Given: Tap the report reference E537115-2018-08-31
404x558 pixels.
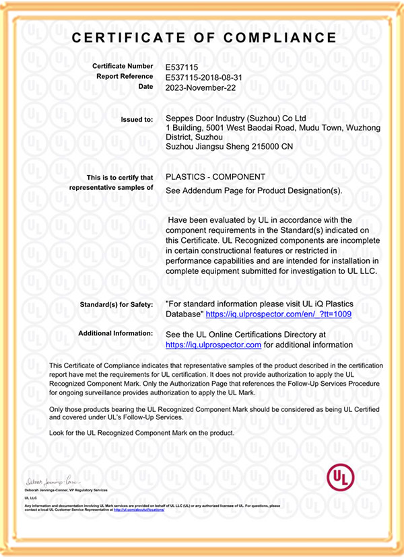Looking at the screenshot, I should point(204,77).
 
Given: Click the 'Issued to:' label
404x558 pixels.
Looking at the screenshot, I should point(137,119).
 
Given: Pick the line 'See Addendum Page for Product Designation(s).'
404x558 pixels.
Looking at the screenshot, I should point(254,190).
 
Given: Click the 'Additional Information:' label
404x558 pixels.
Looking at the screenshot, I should point(116,333).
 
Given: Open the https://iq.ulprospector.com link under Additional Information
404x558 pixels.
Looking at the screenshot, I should point(213,345).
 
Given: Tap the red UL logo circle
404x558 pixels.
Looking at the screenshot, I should point(340,478).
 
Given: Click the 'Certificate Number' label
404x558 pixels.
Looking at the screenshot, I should point(125,67).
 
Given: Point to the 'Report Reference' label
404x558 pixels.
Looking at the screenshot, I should point(125,77).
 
